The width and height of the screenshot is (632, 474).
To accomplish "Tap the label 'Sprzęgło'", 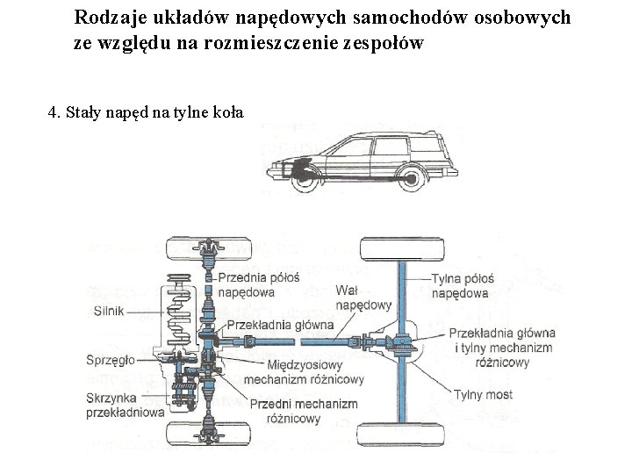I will [111, 360].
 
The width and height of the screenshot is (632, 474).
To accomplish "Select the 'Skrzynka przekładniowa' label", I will [123, 405].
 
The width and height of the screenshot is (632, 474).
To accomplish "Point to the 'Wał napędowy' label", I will [364, 298].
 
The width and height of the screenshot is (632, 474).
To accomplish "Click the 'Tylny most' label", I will [483, 395].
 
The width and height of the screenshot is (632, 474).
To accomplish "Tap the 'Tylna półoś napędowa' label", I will [460, 286].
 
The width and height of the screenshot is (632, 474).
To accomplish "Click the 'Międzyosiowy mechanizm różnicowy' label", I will [303, 373].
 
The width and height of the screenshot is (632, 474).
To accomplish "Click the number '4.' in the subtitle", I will [54, 112].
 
